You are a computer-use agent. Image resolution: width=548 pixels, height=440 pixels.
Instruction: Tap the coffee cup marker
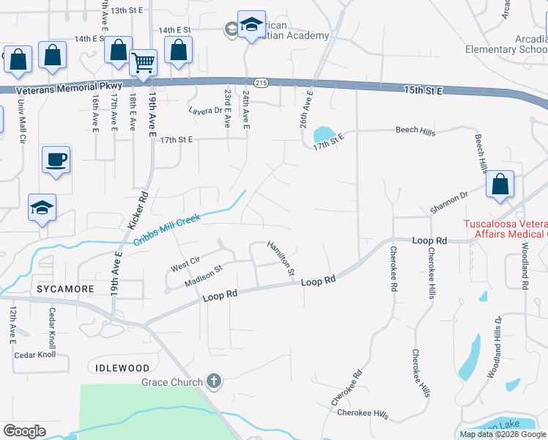point(56,159)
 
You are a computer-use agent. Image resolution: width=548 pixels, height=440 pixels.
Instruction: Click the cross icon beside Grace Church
point(213,381)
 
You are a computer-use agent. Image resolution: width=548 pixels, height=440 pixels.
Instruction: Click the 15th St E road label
point(423,90)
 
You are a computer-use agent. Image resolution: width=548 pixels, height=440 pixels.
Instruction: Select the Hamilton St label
point(281,258)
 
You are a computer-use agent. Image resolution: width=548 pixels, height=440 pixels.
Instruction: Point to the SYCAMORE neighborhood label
point(66,289)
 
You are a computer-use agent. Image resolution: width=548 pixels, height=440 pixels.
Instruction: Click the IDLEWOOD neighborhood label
point(122,367)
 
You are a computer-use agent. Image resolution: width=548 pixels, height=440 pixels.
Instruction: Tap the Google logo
point(24,431)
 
